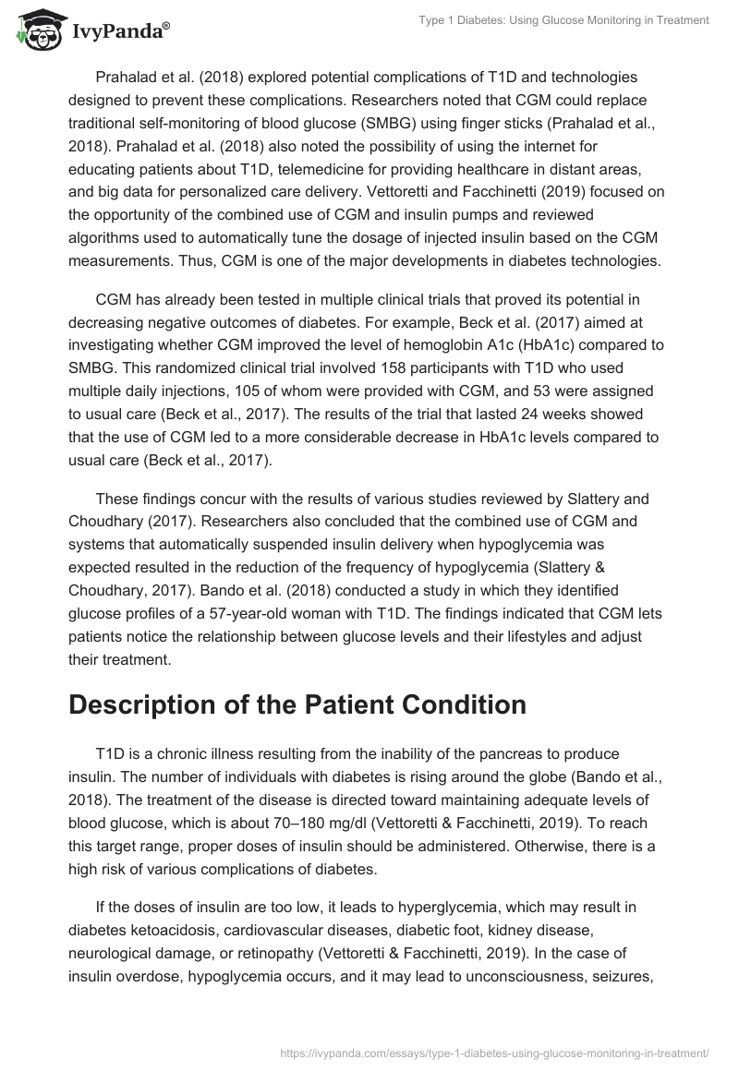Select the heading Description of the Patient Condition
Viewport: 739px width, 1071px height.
point(297,704)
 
